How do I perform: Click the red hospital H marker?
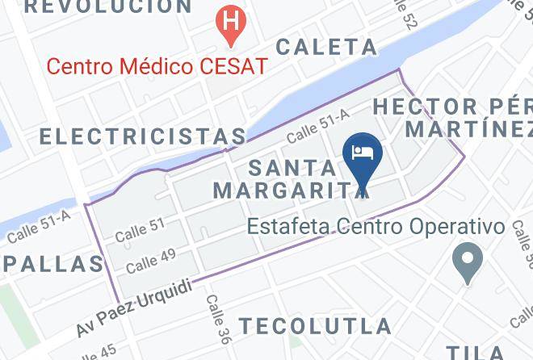(x=232, y=19)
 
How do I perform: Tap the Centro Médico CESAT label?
(x=156, y=65)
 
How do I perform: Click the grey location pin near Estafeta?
(x=468, y=262)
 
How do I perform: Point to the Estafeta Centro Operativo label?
(x=376, y=227)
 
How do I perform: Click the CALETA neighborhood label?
(x=326, y=47)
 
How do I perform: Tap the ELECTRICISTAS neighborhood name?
(x=142, y=136)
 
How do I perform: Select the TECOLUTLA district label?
(x=314, y=326)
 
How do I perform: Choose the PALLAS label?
(x=52, y=263)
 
